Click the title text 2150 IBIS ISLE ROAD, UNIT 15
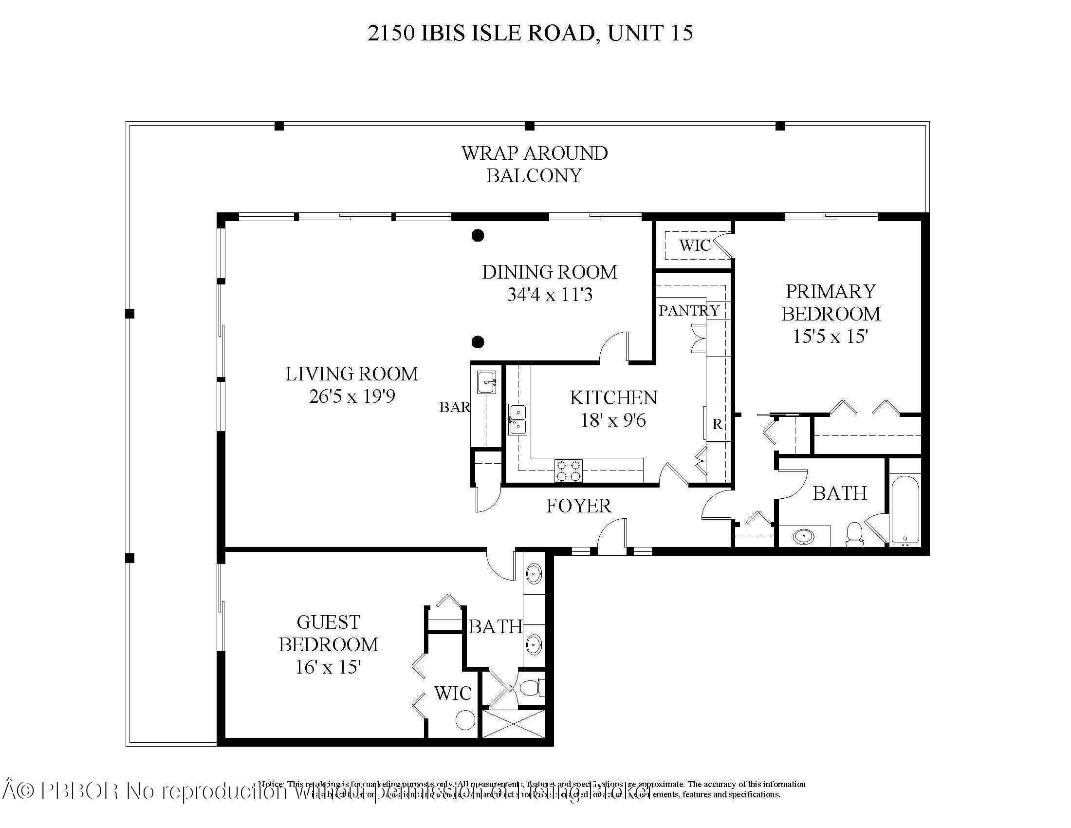[530, 33]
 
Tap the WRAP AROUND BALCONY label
[534, 164]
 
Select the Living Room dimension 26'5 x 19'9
[351, 396]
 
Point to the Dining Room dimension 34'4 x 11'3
[550, 295]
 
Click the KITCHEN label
[613, 398]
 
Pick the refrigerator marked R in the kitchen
[717, 424]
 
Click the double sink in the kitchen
[517, 419]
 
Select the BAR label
[454, 407]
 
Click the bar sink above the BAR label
[486, 382]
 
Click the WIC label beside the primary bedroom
[694, 245]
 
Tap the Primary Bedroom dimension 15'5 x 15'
[831, 337]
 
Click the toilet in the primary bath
[855, 534]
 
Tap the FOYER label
[579, 506]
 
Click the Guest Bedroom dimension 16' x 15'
[328, 667]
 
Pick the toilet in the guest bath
[531, 688]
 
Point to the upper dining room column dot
[478, 235]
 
